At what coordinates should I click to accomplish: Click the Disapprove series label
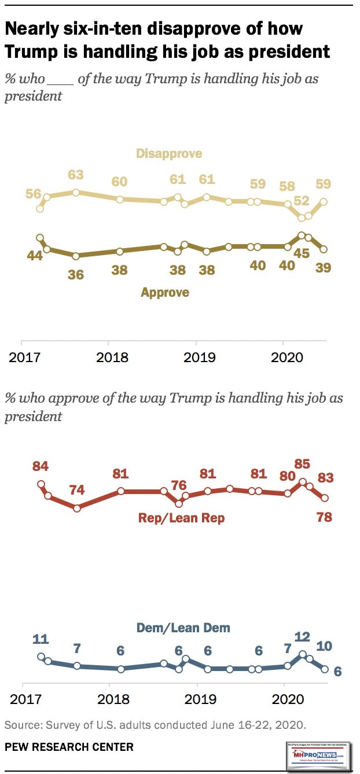(x=169, y=153)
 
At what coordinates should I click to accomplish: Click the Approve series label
(x=165, y=293)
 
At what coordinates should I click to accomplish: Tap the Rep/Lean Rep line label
(x=181, y=518)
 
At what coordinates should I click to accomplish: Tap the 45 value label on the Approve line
(x=301, y=253)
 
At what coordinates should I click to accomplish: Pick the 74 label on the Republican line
(x=76, y=491)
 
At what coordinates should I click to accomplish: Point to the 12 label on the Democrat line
(x=302, y=636)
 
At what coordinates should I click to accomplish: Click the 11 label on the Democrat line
(x=40, y=639)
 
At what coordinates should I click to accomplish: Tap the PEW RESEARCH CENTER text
(x=69, y=747)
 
